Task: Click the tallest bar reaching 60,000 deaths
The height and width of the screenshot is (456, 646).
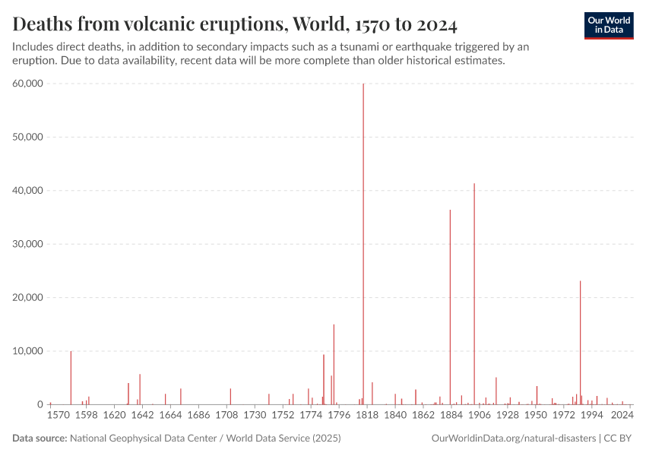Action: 363,243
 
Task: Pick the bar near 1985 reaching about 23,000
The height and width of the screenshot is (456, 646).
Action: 581,343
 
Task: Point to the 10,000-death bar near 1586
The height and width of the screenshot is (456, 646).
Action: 71,378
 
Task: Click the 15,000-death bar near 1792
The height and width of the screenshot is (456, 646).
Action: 334,365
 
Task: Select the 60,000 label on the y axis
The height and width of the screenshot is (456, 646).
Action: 28,84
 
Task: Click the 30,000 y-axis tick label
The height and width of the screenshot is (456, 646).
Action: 28,244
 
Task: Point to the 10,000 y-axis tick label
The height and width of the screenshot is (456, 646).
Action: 28,351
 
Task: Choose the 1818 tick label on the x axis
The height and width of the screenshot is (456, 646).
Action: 367,416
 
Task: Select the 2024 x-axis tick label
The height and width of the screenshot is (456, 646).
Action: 622,416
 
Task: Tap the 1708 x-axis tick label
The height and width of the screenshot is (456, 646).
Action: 226,416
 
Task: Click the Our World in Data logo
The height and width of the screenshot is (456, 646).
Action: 609,25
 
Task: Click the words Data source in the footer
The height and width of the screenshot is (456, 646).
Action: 39,439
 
